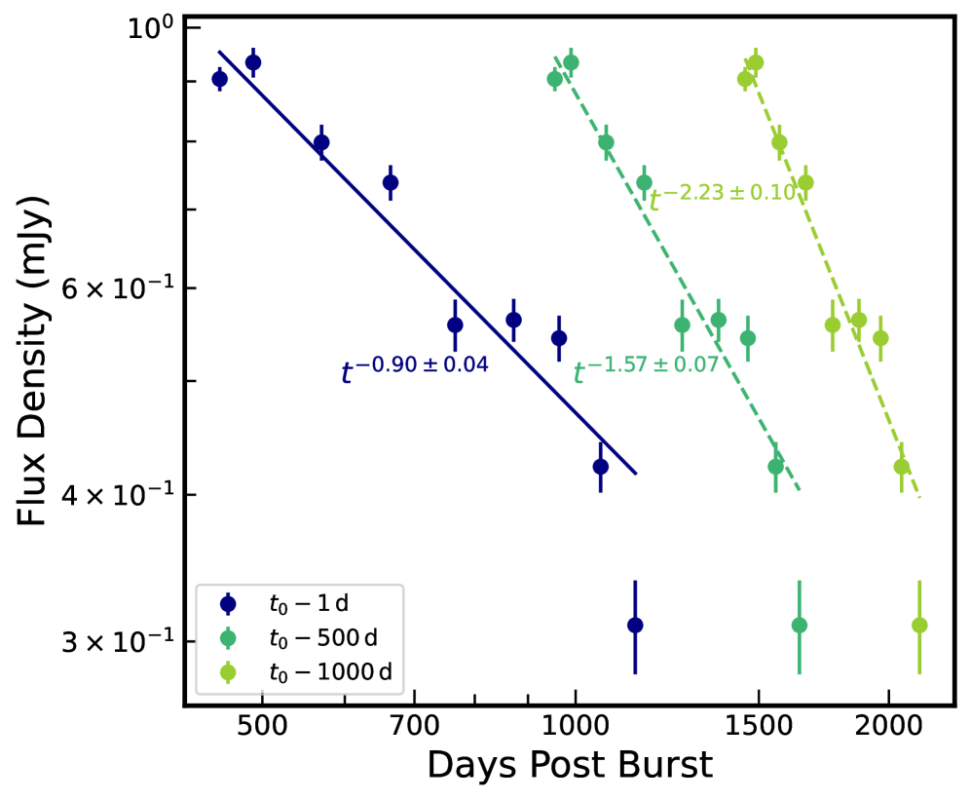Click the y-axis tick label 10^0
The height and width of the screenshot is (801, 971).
[x=150, y=26]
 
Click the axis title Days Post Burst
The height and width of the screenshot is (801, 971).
[x=570, y=766]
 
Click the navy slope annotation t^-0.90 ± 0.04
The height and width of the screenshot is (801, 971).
[x=414, y=368]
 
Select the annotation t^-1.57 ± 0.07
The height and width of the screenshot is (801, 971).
[x=645, y=368]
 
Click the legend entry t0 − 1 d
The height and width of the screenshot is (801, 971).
[x=321, y=603]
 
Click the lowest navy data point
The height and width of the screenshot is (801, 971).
[x=635, y=625]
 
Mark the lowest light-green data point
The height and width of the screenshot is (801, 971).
[x=918, y=625]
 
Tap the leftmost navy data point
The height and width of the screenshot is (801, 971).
[x=220, y=79]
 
